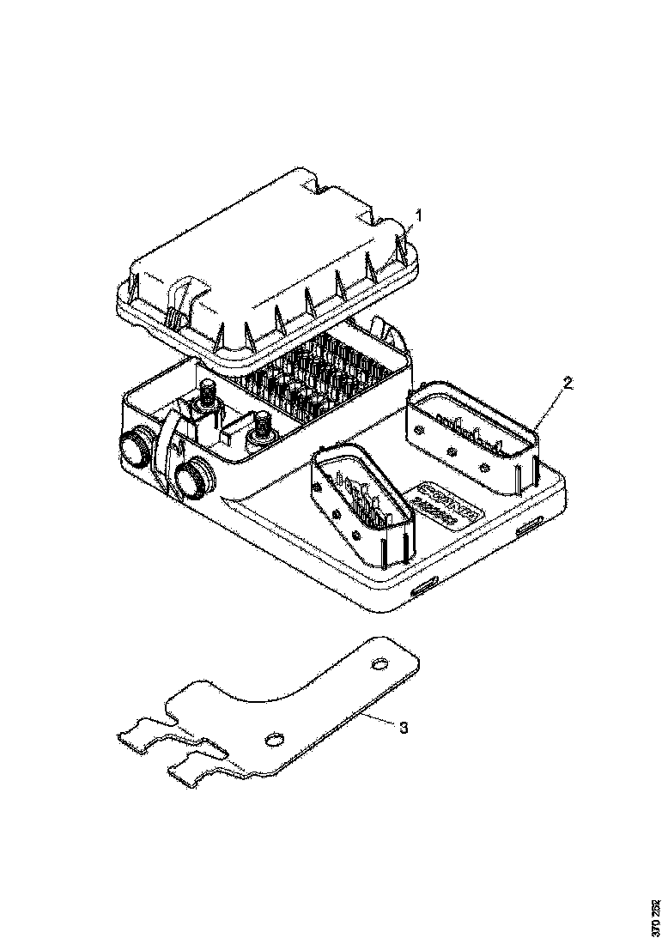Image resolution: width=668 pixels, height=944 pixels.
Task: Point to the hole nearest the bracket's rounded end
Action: tap(380, 663)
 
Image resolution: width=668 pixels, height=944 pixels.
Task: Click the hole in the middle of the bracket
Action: tap(275, 739)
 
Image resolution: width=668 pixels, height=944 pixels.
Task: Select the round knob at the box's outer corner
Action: tap(136, 446)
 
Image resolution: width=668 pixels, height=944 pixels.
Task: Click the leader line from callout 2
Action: tap(550, 402)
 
